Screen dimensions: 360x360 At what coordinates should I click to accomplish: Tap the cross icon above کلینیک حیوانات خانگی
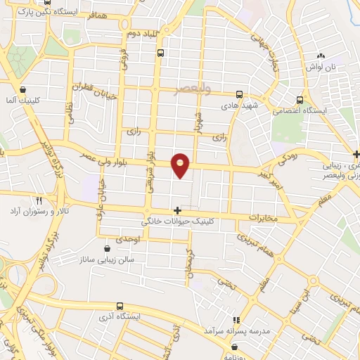click(x=177, y=210)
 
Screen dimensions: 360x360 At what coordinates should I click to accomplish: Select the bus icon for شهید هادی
click(x=239, y=94)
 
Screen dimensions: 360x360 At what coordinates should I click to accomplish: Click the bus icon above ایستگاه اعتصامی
click(x=300, y=99)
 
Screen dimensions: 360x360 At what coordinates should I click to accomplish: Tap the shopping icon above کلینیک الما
click(x=24, y=90)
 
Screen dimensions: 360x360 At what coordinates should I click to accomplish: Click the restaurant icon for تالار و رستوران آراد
click(x=39, y=200)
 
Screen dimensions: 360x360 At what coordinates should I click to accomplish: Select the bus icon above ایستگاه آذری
click(x=120, y=306)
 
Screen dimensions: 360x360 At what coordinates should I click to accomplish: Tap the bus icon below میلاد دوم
click(x=161, y=53)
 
